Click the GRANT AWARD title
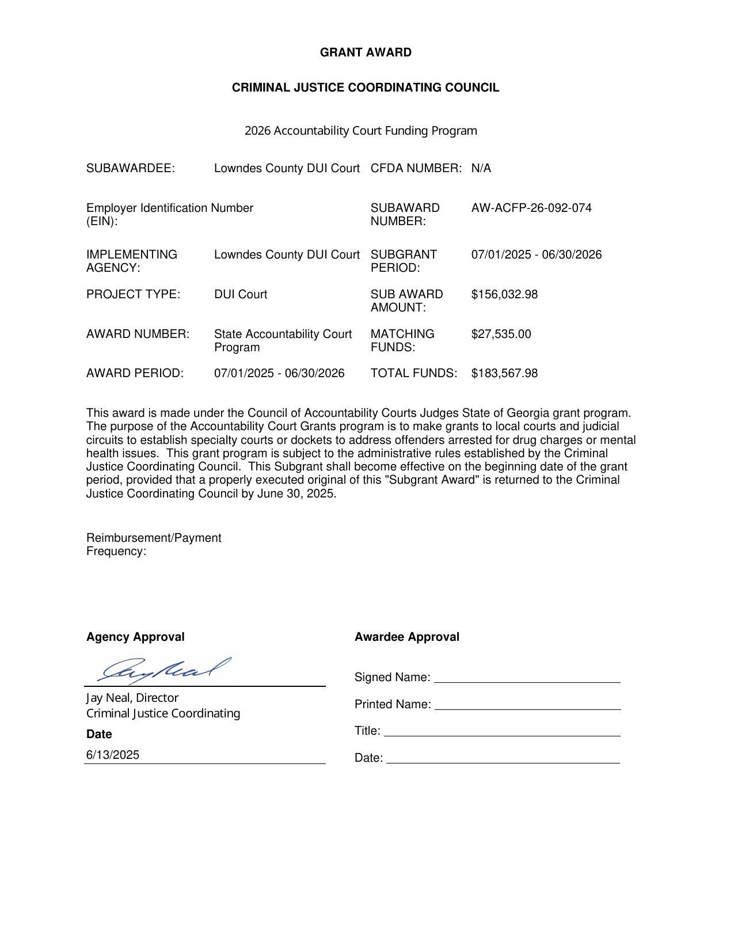click(x=366, y=52)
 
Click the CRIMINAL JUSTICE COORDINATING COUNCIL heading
click(x=366, y=88)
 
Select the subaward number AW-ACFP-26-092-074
click(x=531, y=208)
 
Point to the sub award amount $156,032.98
click(x=504, y=294)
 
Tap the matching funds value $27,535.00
click(x=501, y=334)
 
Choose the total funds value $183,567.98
click(x=504, y=373)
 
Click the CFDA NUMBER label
click(x=416, y=168)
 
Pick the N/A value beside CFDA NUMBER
click(x=481, y=168)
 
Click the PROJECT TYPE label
click(x=133, y=294)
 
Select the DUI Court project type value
click(x=241, y=294)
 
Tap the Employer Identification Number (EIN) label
click(x=169, y=214)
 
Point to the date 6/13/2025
click(x=113, y=755)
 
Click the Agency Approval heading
click(x=135, y=637)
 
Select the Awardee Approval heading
click(x=406, y=637)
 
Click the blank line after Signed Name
click(x=527, y=678)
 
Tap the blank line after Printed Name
click(x=527, y=705)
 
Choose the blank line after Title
click(x=502, y=732)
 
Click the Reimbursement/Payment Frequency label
click(x=154, y=544)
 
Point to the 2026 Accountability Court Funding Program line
click(x=361, y=131)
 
